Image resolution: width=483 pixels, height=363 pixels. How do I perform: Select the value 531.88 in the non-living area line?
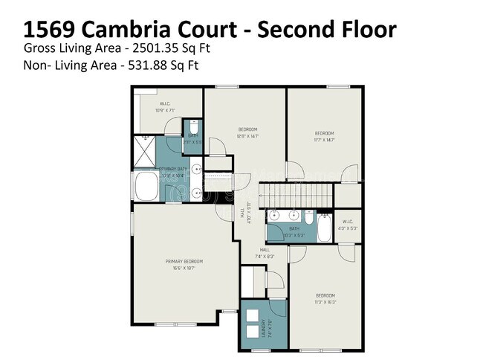click(x=143, y=65)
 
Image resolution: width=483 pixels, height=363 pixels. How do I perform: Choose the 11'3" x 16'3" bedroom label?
click(x=325, y=298)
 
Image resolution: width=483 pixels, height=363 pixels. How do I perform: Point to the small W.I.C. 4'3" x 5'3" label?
click(x=347, y=225)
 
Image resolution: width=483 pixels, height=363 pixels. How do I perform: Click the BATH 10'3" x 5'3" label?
click(x=294, y=231)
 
